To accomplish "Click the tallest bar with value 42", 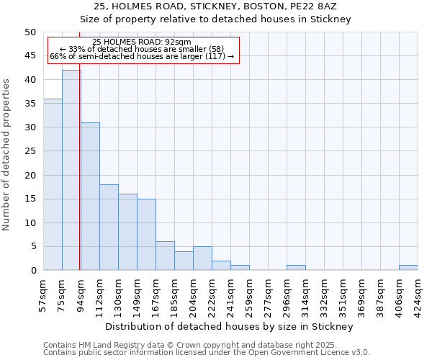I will coord(71,170).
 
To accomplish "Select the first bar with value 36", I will coord(53,184).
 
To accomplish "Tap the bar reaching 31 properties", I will coord(90,196).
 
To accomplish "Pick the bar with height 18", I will coord(109,227).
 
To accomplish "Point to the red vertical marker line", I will coord(79,180).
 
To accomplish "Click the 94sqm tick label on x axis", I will coord(81,295).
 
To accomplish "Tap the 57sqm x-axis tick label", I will coord(43,295).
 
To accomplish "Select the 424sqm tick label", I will coord(418,295).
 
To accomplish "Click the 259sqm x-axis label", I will coord(249,295).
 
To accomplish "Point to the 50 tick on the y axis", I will coord(30,32).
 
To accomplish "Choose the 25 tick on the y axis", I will coord(30,151).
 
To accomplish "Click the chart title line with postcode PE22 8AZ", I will coord(215,6).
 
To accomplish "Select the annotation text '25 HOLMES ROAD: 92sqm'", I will coord(142,42).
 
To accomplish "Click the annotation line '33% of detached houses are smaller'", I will coord(142,49).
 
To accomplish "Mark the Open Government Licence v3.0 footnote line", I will coord(206,353).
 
